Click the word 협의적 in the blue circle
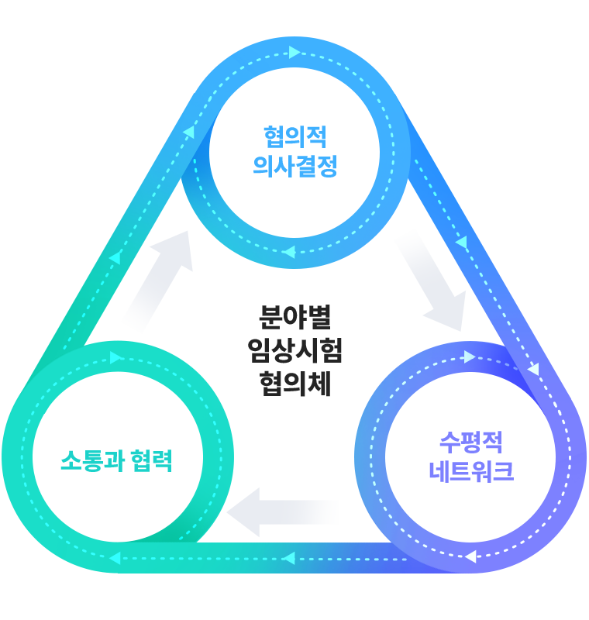pyautogui.click(x=295, y=137)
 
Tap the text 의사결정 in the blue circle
pyautogui.click(x=295, y=166)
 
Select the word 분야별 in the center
pyautogui.click(x=295, y=317)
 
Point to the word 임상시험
pyautogui.click(x=295, y=350)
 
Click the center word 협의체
pyautogui.click(x=295, y=384)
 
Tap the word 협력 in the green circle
pyautogui.click(x=151, y=460)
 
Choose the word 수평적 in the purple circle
pyautogui.click(x=471, y=442)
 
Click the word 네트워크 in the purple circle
pyautogui.click(x=471, y=471)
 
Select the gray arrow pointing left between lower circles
pyautogui.click(x=283, y=512)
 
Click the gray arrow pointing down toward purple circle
pyautogui.click(x=434, y=282)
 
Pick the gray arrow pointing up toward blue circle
pyautogui.click(x=159, y=280)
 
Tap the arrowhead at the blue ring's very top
pyautogui.click(x=294, y=52)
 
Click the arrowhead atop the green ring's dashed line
pyautogui.click(x=115, y=358)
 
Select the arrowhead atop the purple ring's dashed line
pyautogui.click(x=470, y=356)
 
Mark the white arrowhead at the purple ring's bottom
pyautogui.click(x=470, y=556)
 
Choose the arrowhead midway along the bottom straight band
pyautogui.click(x=289, y=558)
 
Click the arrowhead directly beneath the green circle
pyautogui.click(x=115, y=558)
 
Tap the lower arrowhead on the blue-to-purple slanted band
pyautogui.click(x=534, y=370)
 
